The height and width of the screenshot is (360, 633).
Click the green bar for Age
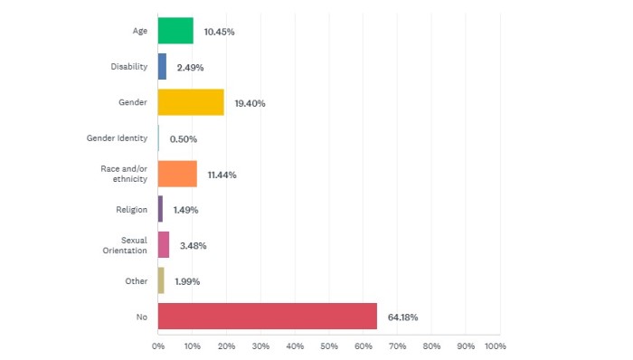click(x=175, y=31)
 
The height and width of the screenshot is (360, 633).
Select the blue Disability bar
click(x=162, y=67)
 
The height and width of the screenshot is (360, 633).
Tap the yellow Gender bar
click(x=191, y=102)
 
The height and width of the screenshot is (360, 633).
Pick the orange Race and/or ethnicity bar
click(x=177, y=174)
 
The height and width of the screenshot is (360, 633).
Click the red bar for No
click(x=267, y=317)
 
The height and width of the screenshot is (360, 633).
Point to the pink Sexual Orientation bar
click(x=164, y=245)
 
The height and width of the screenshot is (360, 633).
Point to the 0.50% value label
click(x=183, y=138)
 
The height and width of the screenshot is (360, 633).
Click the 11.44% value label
click(x=221, y=175)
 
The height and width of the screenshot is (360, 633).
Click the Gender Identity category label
click(x=117, y=138)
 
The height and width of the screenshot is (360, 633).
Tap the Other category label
click(x=137, y=281)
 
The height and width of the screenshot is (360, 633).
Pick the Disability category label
click(x=128, y=67)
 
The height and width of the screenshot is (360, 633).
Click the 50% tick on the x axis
click(x=329, y=346)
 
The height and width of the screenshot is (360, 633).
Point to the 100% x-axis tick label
click(x=495, y=346)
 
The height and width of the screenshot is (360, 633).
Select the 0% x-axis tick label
click(x=158, y=346)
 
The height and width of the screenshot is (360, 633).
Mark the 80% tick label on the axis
click(x=431, y=346)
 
